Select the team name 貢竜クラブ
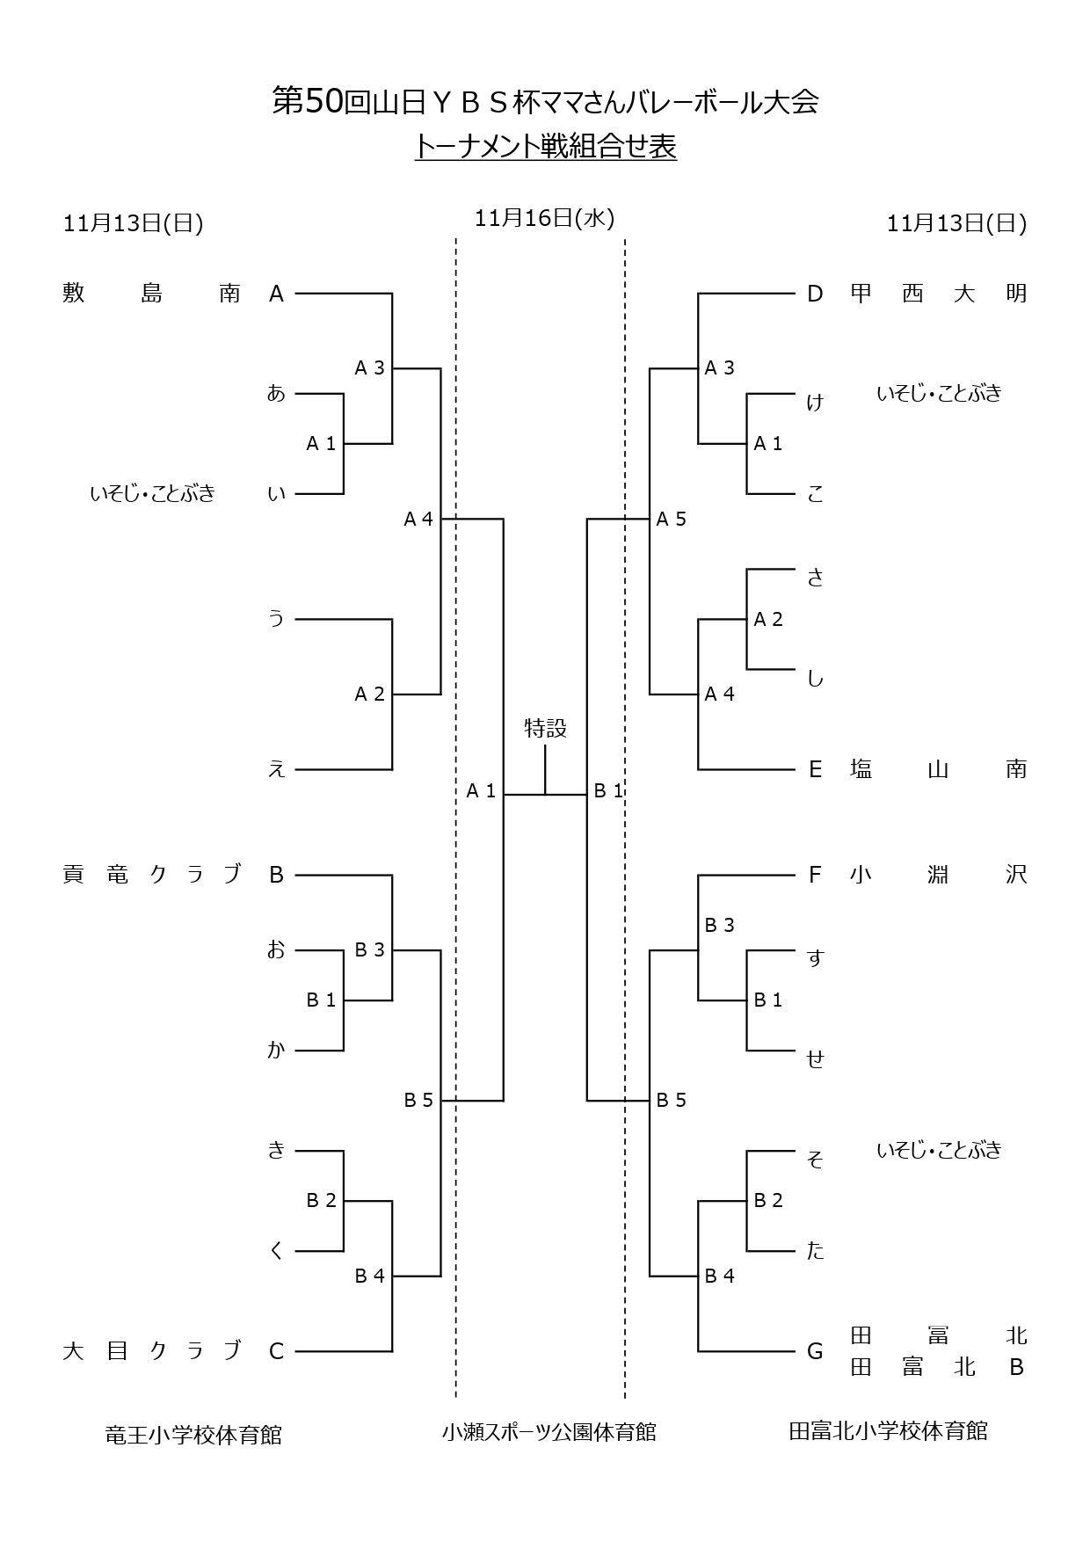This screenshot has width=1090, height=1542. click(x=151, y=875)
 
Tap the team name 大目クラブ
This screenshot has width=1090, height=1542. click(x=151, y=1350)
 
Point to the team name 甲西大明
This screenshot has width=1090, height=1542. click(x=938, y=293)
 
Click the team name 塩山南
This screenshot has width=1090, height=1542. click(x=938, y=769)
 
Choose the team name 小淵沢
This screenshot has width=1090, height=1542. click(x=938, y=875)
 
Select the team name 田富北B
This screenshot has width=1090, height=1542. click(x=938, y=1368)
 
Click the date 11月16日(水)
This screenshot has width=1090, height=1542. click(x=544, y=218)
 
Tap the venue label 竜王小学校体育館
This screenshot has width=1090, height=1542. click(x=193, y=1436)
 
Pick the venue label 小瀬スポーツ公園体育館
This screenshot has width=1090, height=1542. click(x=549, y=1432)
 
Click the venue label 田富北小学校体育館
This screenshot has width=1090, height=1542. click(x=888, y=1431)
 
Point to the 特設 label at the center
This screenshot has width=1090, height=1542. click(x=545, y=728)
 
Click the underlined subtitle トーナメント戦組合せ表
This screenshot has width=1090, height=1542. click(x=545, y=147)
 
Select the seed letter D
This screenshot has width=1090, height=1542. click(x=815, y=294)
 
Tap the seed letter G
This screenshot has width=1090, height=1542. click(x=815, y=1351)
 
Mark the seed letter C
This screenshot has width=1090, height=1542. click(x=276, y=1351)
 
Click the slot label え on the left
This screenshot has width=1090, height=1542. click(x=276, y=770)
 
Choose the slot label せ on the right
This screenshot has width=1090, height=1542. click(x=815, y=1058)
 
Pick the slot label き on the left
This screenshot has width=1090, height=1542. click(x=276, y=1149)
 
